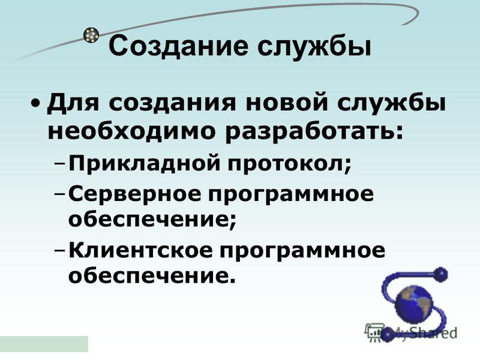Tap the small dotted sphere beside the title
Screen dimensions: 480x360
pos(91,35)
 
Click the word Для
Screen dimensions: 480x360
pos(73,103)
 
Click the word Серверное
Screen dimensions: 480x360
pos(134,194)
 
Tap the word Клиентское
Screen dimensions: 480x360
pos(140,251)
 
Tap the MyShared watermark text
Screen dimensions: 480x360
pos(411,332)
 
